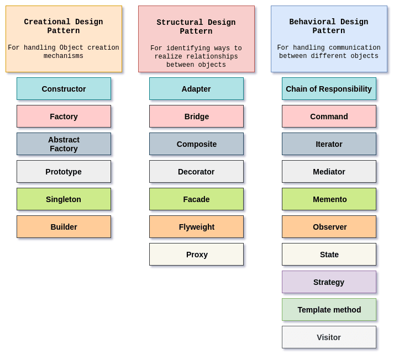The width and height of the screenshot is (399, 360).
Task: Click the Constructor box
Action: point(64,89)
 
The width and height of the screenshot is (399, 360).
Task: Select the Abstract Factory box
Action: point(64,144)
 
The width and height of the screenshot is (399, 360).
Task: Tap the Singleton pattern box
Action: point(64,199)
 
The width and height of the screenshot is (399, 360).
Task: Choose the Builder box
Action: point(64,227)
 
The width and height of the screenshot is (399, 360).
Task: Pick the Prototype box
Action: point(64,172)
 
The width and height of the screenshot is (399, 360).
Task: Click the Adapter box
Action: point(196,89)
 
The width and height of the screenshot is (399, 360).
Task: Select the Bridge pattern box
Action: point(196,117)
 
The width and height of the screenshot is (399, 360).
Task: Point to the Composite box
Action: point(196,144)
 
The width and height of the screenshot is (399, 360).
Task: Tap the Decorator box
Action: point(196,172)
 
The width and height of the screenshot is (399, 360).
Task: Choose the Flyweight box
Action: point(196,227)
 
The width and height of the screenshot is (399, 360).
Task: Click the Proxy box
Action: point(196,255)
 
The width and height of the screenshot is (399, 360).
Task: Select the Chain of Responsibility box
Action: point(329,89)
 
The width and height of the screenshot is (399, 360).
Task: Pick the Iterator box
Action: point(329,144)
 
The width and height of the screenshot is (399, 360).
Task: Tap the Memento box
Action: point(329,199)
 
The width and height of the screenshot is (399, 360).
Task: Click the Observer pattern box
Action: point(329,227)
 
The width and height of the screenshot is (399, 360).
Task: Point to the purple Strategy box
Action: point(329,282)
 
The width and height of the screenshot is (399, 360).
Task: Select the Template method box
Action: point(329,310)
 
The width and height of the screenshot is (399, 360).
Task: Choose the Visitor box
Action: point(329,337)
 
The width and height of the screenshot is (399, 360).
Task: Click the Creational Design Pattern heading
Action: point(64,27)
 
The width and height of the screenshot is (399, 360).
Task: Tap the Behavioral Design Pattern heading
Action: point(329,27)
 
